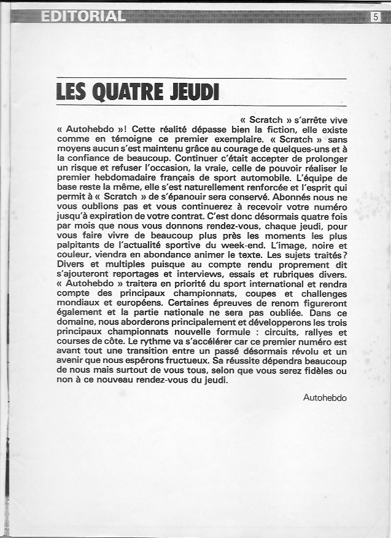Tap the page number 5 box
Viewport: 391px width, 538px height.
click(376, 17)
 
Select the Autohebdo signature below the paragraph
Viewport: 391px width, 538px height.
click(325, 397)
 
